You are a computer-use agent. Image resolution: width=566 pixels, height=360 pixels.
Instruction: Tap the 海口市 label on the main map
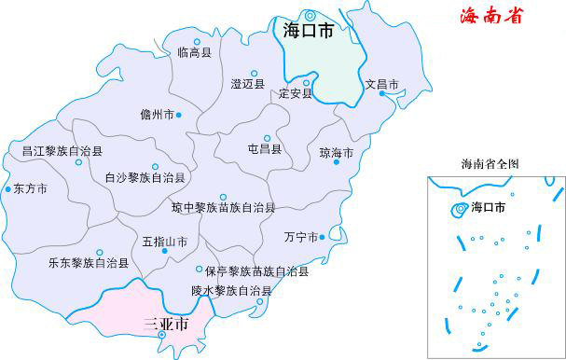[x=308, y=31]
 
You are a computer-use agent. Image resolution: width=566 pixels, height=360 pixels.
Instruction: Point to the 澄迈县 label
[x=248, y=84]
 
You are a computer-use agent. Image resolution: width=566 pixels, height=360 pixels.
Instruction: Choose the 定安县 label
[x=295, y=94]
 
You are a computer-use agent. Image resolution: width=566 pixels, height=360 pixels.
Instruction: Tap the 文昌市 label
[x=382, y=85]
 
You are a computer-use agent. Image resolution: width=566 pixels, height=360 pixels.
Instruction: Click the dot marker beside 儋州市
[x=179, y=115]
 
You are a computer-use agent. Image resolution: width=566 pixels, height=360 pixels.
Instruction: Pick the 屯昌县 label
[x=265, y=147]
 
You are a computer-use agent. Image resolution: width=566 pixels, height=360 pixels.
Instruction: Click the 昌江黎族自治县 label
[x=62, y=150]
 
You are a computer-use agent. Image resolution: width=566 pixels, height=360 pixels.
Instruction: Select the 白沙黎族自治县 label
[x=145, y=176]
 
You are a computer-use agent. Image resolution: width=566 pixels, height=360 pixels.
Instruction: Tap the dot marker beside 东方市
[x=8, y=187]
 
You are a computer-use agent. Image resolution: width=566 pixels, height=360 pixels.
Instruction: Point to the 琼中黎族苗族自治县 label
[x=224, y=207]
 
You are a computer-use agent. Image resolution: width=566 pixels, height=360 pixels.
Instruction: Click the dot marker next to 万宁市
[x=323, y=237]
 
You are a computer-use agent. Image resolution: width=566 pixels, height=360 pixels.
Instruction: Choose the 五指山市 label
[x=165, y=242]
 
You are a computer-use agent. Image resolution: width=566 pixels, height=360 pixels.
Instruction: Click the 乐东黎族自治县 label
[x=89, y=263]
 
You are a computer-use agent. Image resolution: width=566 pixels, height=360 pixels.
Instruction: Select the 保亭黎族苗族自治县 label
[x=257, y=272]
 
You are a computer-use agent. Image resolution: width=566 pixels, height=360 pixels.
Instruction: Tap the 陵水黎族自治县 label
[x=232, y=291]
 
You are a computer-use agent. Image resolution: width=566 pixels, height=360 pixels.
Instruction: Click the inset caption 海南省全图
[x=490, y=164]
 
